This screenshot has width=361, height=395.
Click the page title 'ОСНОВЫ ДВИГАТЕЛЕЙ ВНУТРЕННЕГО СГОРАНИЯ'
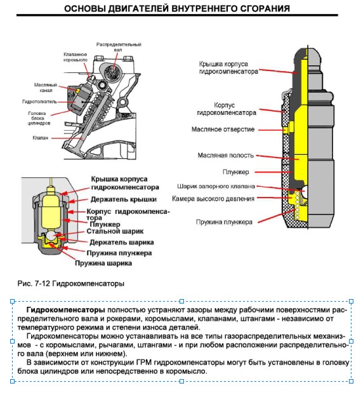(177, 8)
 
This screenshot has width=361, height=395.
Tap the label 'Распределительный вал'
(119, 47)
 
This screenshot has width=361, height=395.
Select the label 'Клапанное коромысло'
(75, 57)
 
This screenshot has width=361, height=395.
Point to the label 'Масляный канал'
(46, 88)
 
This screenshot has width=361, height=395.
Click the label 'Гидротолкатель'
(39, 102)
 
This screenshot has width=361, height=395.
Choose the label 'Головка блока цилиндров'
(39, 118)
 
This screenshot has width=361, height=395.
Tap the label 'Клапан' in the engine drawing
(40, 138)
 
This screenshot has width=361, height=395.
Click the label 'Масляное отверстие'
(223, 130)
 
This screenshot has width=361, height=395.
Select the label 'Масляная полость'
(226, 155)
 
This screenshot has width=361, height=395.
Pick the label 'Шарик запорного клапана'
(216, 187)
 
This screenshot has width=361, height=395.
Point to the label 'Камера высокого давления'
(213, 199)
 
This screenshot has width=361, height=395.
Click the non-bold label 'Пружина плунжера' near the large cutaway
(224, 222)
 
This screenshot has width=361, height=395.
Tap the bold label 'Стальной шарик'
(115, 231)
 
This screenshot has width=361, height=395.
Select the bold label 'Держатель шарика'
(122, 243)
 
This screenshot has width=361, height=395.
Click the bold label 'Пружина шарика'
(103, 264)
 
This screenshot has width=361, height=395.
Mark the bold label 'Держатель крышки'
(124, 199)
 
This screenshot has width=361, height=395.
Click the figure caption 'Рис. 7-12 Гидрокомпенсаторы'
(70, 284)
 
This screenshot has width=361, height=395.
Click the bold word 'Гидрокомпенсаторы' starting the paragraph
(66, 310)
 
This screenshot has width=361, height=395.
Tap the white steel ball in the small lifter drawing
(51, 236)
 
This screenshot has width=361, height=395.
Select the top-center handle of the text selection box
(181, 301)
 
